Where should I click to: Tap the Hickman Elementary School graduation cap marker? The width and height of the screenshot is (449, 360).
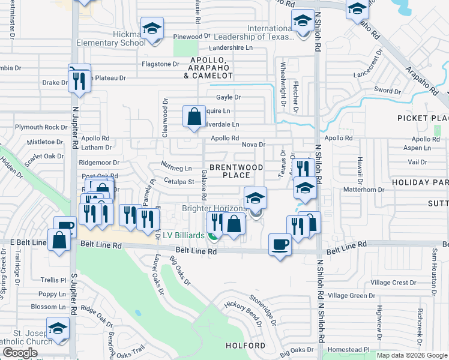pyautogui.click(x=152, y=29)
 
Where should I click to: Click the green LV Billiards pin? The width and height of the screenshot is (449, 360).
pyautogui.click(x=214, y=234)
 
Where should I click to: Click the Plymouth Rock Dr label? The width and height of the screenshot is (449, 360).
pyautogui.click(x=41, y=127)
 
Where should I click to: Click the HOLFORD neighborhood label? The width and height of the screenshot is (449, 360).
pyautogui.click(x=245, y=346)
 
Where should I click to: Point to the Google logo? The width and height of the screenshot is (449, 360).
pyautogui.click(x=20, y=353)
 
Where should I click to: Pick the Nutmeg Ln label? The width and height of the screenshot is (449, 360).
pyautogui.click(x=176, y=168)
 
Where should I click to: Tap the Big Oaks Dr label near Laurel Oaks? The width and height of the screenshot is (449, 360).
pyautogui.click(x=179, y=271)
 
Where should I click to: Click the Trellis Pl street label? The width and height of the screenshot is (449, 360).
pyautogui.click(x=53, y=280)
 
